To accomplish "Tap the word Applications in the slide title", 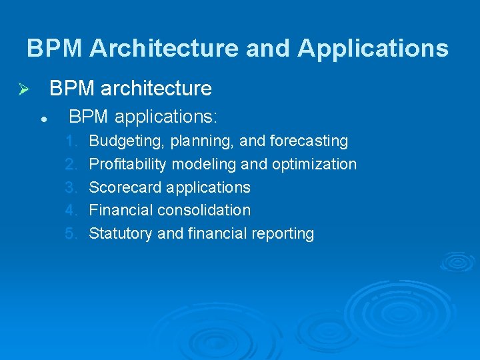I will click(x=373, y=48).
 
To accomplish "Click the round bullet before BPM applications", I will click(x=42, y=119).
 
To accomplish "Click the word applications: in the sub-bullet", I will click(x=166, y=117).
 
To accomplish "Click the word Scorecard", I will click(x=125, y=187).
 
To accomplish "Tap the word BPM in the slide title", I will click(x=55, y=48).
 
